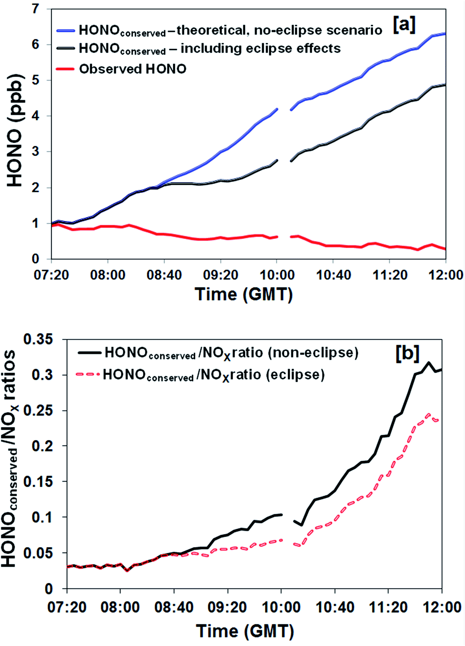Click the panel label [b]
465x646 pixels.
pos(407,353)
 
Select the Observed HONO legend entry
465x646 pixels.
pos(132,69)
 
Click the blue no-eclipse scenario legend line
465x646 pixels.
pos(66,31)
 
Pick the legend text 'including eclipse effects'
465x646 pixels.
pos(261,48)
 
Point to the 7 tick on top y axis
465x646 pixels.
pos(35,9)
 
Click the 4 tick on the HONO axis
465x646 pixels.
pos(35,116)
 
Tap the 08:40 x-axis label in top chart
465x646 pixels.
pos(164,275)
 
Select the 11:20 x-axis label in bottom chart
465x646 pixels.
pos(388,607)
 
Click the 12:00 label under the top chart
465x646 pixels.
pos(445,275)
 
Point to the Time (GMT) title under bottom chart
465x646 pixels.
pos(245,631)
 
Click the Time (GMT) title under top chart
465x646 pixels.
pos(244,294)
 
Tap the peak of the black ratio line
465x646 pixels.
pos(428,362)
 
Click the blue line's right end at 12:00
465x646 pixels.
pos(445,34)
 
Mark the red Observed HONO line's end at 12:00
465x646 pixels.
pos(445,249)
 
